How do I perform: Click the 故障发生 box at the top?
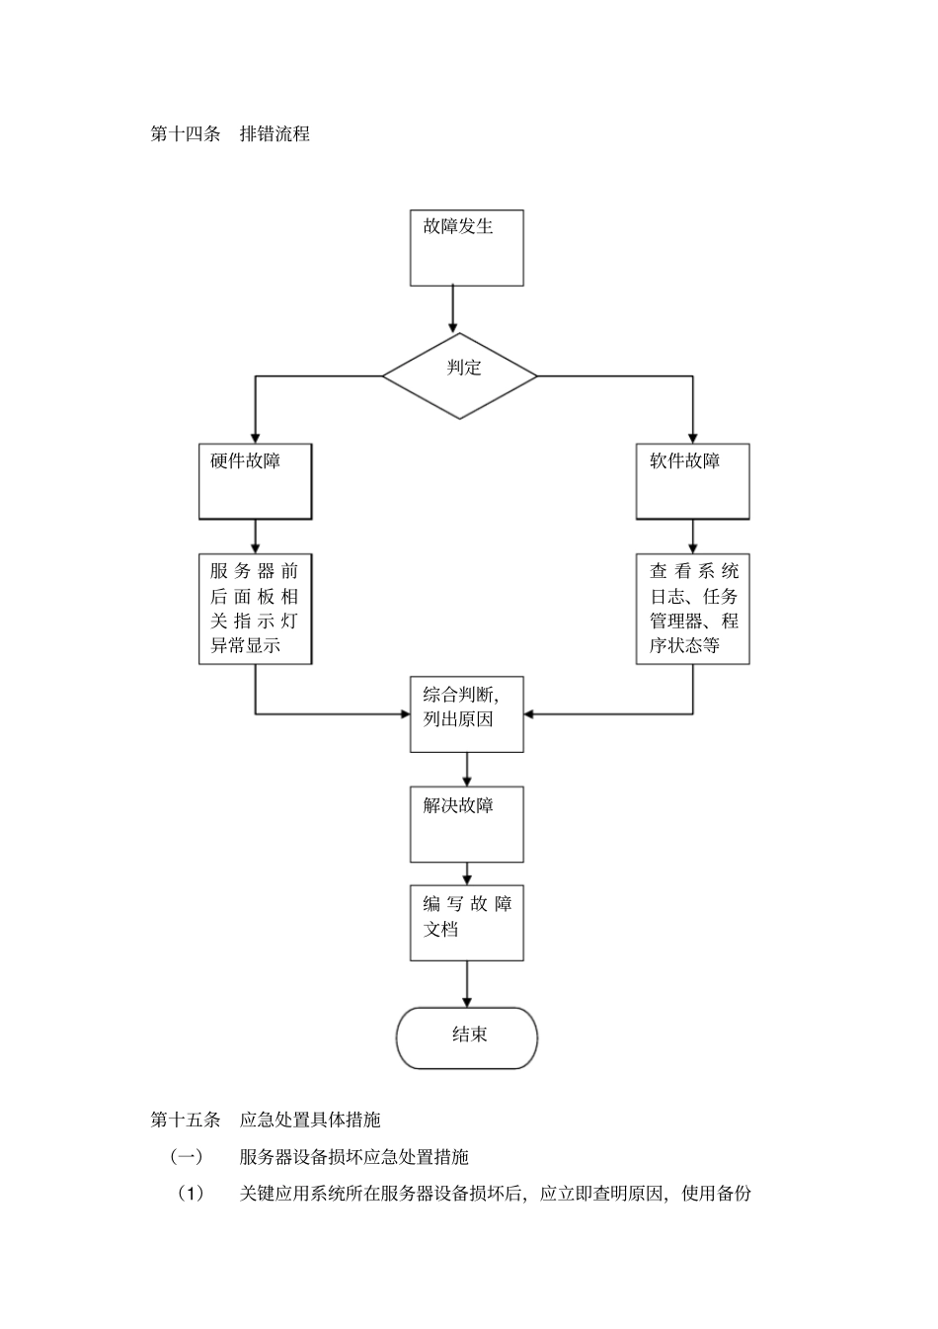[x=466, y=247]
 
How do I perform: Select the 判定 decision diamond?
[x=460, y=375]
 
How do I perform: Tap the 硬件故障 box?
[x=255, y=481]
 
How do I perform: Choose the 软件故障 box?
[x=692, y=481]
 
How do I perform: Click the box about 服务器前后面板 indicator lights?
[x=255, y=609]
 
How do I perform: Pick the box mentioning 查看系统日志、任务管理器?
[x=692, y=609]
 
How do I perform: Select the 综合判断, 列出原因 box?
[x=466, y=713]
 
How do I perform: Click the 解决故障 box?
[x=466, y=824]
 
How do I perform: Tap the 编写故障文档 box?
[x=466, y=923]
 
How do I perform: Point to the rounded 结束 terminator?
[x=466, y=1038]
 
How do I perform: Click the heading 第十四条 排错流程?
[x=230, y=133]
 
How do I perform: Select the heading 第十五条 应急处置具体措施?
[x=265, y=1120]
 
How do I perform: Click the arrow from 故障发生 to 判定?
[x=453, y=309]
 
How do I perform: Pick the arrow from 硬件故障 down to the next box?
[x=256, y=537]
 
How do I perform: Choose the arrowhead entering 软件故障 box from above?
[x=692, y=436]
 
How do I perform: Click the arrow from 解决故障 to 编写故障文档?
[x=467, y=873]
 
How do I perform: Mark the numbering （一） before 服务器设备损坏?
[x=187, y=1156]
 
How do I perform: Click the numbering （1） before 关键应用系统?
[x=190, y=1194]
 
